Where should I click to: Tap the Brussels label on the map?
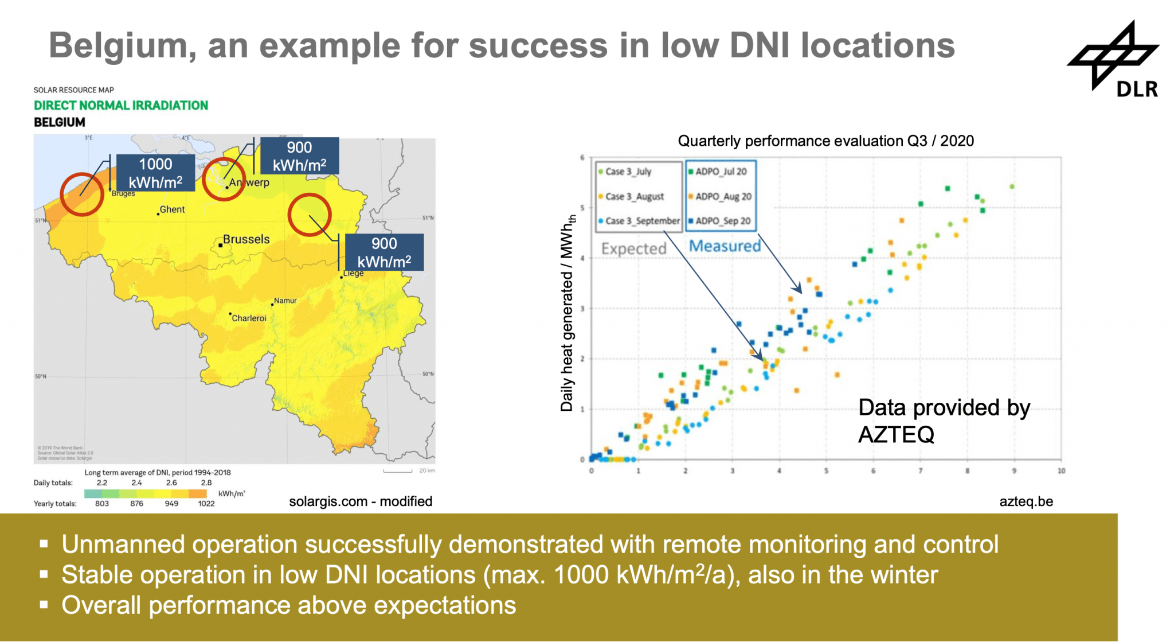click(246, 239)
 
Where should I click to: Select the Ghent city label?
click(172, 210)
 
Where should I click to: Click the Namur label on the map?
click(285, 301)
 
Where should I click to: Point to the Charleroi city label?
click(249, 318)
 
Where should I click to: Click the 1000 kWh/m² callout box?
click(155, 173)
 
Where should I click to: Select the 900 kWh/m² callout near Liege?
click(383, 252)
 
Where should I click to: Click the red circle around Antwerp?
click(224, 179)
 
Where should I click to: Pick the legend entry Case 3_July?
click(628, 172)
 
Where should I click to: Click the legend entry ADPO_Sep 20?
click(722, 221)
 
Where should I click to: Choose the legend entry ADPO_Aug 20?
click(723, 196)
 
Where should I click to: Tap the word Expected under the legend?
click(633, 248)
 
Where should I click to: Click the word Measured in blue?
click(725, 246)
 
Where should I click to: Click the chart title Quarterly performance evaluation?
click(825, 141)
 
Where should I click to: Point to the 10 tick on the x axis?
click(1061, 471)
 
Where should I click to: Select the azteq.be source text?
click(1026, 501)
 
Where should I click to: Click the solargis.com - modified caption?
click(360, 501)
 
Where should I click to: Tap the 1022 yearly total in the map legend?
click(206, 504)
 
